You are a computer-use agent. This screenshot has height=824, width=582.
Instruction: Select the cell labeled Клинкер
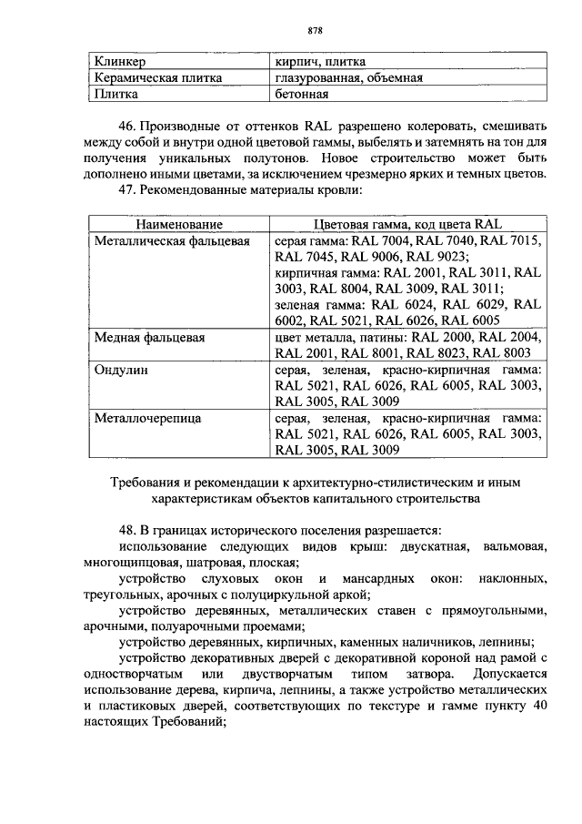coord(119,61)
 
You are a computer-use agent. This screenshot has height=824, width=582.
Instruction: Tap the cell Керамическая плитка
coord(158,77)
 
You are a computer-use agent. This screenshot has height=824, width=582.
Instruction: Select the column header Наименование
coord(179,224)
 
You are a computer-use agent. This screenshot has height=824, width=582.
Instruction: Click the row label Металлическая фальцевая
coord(172,240)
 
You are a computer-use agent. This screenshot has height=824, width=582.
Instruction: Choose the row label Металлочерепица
coord(148,418)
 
